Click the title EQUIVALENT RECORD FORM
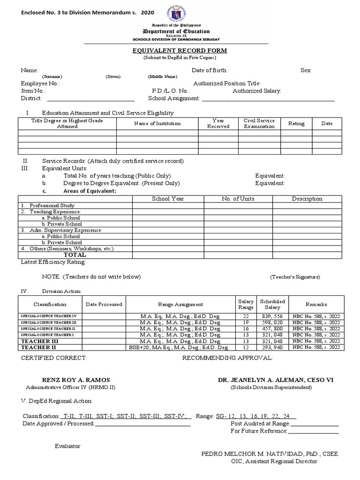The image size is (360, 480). click(180, 50)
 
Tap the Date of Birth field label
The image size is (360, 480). click(210, 70)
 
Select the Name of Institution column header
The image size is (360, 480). click(157, 123)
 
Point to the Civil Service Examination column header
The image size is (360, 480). click(259, 123)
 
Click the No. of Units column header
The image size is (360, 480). click(238, 199)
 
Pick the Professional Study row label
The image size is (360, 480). click(52, 206)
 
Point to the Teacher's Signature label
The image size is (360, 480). click(295, 277)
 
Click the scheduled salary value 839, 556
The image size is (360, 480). click(272, 316)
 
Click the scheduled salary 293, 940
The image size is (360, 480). click(272, 347)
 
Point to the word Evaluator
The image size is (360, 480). click(67, 446)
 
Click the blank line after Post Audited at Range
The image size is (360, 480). click(315, 423)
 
